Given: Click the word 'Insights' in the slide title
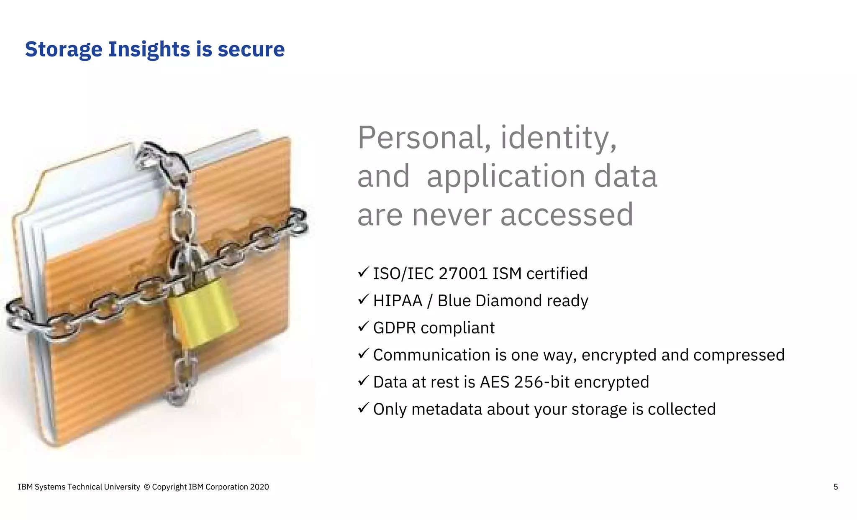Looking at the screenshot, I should pos(149,49).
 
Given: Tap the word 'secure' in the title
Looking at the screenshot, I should pos(251,49).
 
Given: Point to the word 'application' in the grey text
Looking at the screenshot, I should pos(505,177).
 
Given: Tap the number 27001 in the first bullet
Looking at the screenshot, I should pos(463,274).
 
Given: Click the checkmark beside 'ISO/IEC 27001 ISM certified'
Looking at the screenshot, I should pos(363,272).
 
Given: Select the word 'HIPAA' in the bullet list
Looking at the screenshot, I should pos(398,301).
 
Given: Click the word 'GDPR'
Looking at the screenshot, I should pos(394,328).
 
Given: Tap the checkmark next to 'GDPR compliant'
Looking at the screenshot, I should pos(363,326).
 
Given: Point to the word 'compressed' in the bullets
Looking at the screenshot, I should pos(739,355).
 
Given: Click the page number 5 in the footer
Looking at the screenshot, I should pos(836,487).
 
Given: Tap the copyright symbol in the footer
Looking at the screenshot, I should pos(146,487).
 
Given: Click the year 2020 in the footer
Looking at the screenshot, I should pos(259,487).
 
